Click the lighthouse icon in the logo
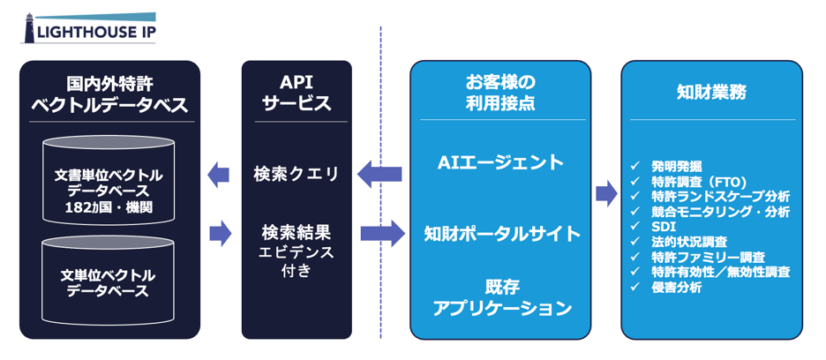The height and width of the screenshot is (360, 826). coord(29,28)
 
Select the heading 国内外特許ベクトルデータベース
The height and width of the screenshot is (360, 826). coord(109,94)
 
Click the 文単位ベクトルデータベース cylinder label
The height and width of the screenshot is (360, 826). coord(108,283)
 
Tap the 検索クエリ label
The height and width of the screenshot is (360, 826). coord(296,174)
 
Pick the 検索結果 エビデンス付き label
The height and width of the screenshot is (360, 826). coord(296,251)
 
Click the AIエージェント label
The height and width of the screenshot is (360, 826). coord(500,163)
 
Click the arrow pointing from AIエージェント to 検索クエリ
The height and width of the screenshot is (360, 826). coord(379,174)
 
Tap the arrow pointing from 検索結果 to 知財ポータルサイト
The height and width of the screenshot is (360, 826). coord(382,234)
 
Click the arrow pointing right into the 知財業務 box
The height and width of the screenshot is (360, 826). coord(606,193)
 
